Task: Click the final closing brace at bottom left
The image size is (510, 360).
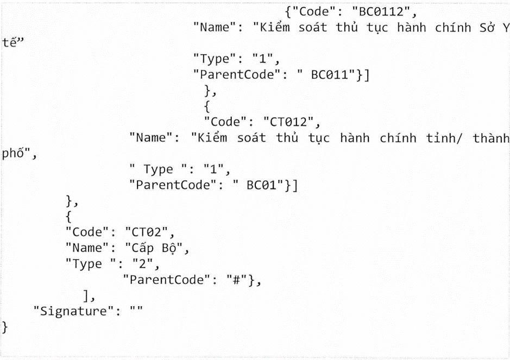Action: pyautogui.click(x=6, y=327)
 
